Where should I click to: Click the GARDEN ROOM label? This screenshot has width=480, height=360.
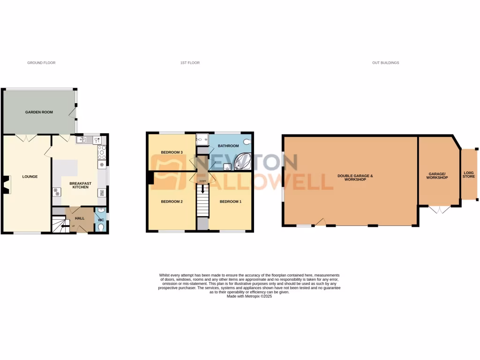pos(39,112)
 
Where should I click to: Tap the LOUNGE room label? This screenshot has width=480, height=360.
pos(30,177)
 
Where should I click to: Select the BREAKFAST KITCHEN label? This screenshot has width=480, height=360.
pos(79,185)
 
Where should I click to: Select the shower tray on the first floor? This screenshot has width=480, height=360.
pos(202,139)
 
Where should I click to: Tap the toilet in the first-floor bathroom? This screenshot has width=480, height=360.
pos(247,141)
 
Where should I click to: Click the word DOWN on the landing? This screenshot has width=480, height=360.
pos(202,181)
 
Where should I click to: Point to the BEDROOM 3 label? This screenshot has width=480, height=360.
pos(172,152)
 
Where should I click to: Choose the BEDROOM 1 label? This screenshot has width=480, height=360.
pos(231,202)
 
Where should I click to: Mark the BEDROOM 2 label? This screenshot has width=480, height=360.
pos(172,202)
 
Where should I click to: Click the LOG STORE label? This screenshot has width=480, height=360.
pos(469,175)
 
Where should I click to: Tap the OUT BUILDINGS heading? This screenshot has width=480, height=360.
pos(386,62)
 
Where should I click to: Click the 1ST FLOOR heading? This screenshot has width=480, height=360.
pos(190,62)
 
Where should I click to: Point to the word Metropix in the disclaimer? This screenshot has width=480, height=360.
pos(252,296)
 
